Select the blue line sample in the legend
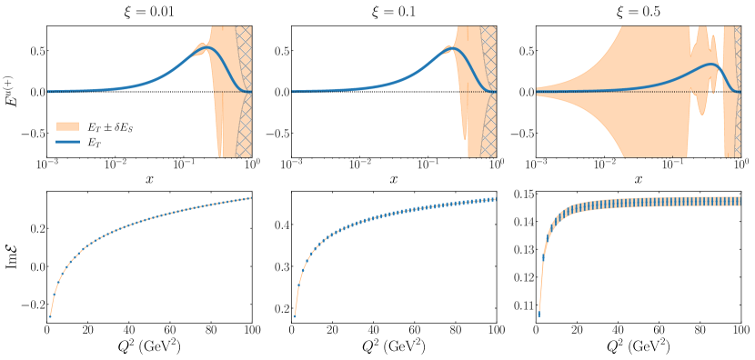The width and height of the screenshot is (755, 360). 67,143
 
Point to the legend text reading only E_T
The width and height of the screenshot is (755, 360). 95,143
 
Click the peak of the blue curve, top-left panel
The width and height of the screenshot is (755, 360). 207,47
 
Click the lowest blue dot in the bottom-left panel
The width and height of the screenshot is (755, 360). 49,316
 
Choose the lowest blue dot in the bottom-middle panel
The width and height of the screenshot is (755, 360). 294,315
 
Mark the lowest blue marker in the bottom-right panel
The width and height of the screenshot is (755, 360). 539,315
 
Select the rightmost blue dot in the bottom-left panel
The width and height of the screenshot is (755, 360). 250,198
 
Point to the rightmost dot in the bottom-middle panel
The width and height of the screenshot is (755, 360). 495,199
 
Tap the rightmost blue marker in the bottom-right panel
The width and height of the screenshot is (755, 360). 740,201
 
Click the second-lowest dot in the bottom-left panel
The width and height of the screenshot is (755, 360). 54,295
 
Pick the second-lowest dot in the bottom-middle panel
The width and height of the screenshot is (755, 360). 298,285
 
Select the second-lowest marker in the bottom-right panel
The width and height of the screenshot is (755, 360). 543,257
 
